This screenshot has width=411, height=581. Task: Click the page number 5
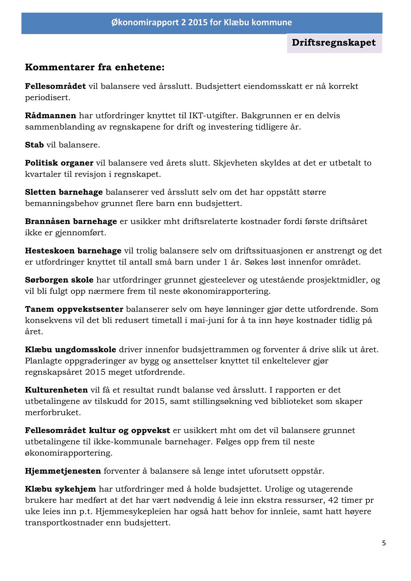click(384, 543)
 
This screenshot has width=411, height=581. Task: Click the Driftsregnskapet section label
click(334, 43)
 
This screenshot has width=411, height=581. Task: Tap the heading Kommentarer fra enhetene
click(95, 67)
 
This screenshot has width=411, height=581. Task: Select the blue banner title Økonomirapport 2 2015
click(202, 22)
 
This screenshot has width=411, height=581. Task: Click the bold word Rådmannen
click(50, 115)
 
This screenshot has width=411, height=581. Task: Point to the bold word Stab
click(34, 145)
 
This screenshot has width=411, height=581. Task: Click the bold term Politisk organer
click(59, 163)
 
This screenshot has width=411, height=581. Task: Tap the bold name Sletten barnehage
click(64, 192)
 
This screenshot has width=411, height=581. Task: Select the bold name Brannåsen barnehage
click(71, 222)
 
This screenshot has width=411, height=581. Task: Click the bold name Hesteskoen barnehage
click(73, 251)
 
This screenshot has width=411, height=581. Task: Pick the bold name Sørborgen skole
click(59, 280)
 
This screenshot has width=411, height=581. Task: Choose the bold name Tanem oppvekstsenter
click(74, 309)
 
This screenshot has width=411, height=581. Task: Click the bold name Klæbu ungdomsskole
click(71, 349)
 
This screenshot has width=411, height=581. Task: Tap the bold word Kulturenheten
click(56, 390)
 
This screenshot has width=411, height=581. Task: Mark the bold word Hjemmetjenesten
click(63, 471)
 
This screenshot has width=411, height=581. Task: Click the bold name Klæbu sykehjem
click(60, 489)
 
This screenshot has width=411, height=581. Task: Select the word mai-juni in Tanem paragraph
click(208, 320)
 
